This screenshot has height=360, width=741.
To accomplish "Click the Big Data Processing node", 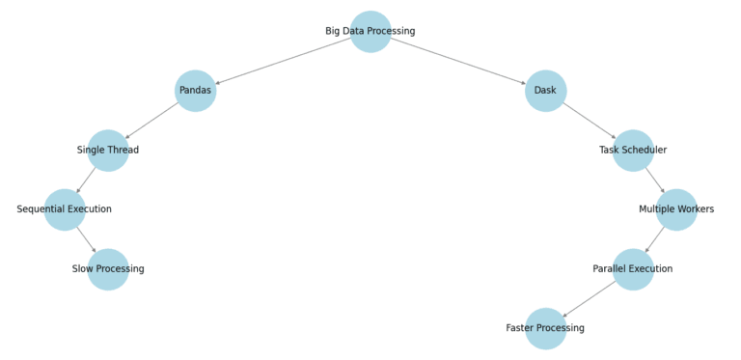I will (x=370, y=31).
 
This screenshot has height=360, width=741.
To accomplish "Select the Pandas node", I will (x=195, y=91).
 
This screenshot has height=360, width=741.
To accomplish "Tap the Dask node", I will (x=545, y=91).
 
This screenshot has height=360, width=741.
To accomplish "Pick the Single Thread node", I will (x=108, y=150).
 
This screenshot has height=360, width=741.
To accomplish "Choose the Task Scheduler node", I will (x=633, y=150).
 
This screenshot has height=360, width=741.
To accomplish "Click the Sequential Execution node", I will (x=65, y=209).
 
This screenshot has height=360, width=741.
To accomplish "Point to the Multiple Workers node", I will (x=676, y=209).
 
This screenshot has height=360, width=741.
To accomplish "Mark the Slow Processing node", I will (x=108, y=268).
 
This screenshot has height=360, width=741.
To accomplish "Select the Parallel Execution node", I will (x=633, y=268).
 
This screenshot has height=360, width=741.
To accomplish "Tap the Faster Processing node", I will (x=545, y=328).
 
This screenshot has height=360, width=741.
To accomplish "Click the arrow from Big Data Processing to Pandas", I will (x=283, y=61).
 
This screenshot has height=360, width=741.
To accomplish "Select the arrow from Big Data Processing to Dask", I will (x=458, y=61).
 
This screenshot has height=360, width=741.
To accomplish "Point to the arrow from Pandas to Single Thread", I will (x=151, y=121).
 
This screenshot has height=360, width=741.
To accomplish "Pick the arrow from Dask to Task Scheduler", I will (x=590, y=121).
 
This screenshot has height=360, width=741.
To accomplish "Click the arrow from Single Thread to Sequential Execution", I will (x=87, y=180).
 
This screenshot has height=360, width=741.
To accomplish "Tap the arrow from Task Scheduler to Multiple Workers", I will (x=655, y=180).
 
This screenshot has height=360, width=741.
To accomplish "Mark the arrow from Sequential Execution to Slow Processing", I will (x=87, y=239).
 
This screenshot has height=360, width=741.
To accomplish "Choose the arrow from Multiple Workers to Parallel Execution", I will (x=655, y=239).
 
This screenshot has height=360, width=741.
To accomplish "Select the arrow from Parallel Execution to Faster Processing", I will (x=590, y=298).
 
